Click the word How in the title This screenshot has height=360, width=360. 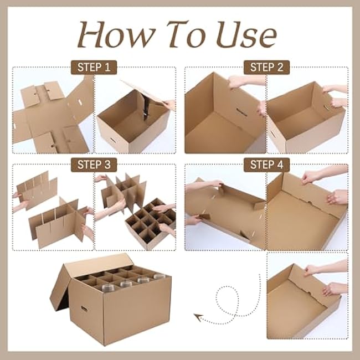coord(114,35)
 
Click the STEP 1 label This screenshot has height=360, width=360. coord(94,68)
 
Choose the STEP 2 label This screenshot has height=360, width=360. coord(266,68)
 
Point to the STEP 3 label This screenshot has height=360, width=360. coord(94,164)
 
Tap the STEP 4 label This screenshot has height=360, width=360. coord(266,164)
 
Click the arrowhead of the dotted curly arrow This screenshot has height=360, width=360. coord(197,317)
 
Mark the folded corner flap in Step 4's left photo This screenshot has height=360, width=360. coord(258,205)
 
